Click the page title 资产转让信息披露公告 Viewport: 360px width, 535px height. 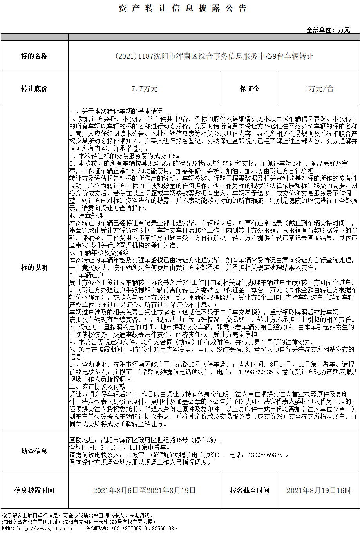click(x=183, y=8)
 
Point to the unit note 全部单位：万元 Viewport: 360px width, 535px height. click(x=328, y=30)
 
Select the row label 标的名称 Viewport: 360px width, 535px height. click(x=34, y=56)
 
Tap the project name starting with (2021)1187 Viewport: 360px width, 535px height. click(x=214, y=56)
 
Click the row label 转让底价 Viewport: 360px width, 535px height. click(x=34, y=89)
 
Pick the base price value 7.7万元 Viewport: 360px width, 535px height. click(x=145, y=89)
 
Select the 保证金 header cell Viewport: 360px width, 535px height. click(x=250, y=89)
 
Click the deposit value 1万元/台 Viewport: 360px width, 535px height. click(x=319, y=89)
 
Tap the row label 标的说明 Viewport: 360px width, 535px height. click(x=34, y=267)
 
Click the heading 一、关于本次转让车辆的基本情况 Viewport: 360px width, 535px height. click(x=116, y=111)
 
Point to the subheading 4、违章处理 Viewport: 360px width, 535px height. click(x=86, y=215)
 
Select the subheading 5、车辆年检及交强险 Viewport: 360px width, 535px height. click(x=99, y=253)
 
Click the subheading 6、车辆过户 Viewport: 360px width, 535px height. click(x=86, y=275)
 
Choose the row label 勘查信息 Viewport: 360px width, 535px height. click(x=34, y=451)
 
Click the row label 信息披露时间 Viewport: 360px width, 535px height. click(x=34, y=490)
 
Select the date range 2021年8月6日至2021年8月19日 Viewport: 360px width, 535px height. click(x=145, y=490)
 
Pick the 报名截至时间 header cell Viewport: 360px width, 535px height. click(x=250, y=490)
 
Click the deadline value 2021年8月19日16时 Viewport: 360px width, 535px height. click(x=319, y=490)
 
